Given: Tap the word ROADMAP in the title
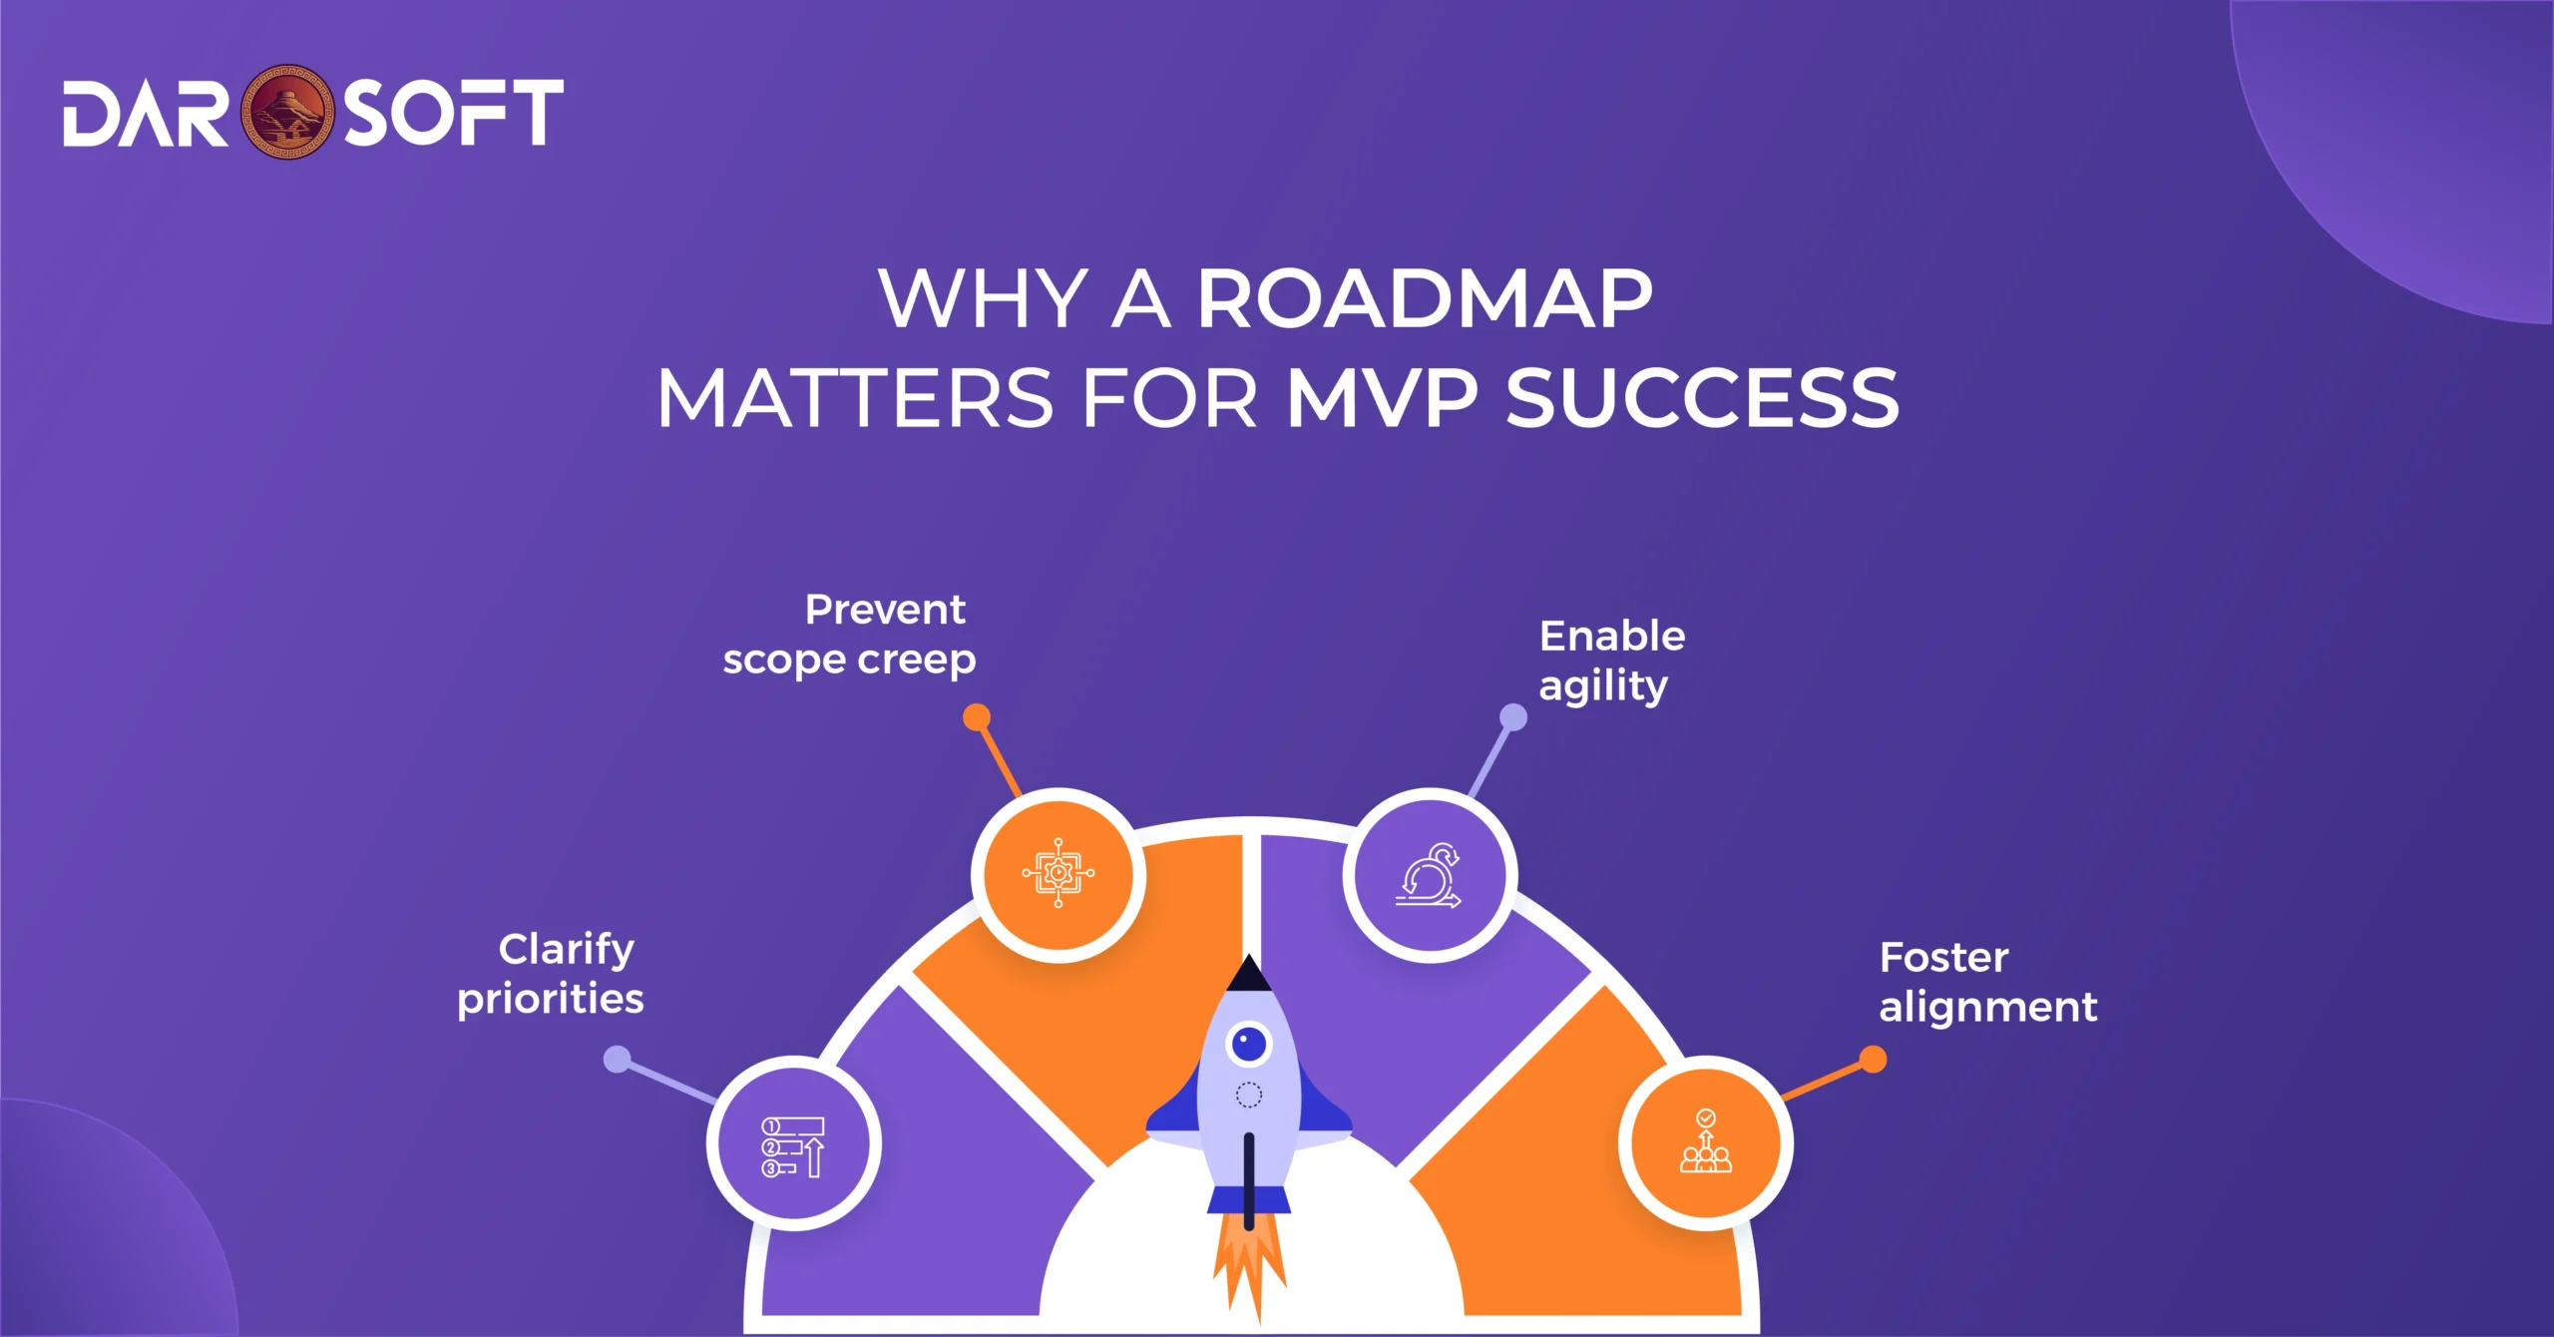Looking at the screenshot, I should coord(1425,299).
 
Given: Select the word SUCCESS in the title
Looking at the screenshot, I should coord(1702,399).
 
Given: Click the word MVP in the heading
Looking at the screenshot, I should coord(1382,399).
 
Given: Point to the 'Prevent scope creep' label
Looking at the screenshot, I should coord(850,635).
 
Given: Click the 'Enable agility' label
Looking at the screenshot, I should coord(1610,661).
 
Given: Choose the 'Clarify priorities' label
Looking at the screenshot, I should coord(551,974).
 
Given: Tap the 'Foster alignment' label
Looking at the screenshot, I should coord(1987,982).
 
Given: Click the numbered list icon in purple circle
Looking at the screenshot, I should coord(794,1145).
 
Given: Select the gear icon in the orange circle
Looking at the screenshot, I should coord(1059,874).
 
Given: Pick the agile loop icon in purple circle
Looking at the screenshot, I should coord(1429,875).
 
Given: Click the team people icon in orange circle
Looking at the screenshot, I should coord(1706,1143).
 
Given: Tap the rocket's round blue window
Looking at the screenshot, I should coord(1249,1045).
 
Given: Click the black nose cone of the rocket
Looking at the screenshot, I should coord(1248,976).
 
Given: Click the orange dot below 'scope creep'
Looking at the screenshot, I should coord(977,717).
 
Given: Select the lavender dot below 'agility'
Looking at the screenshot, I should coord(1513,717).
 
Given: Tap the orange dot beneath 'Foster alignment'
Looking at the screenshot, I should coord(1873,1060).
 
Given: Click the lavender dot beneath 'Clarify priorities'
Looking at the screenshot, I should coord(619,1060).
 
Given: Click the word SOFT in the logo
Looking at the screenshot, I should coord(454,113).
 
